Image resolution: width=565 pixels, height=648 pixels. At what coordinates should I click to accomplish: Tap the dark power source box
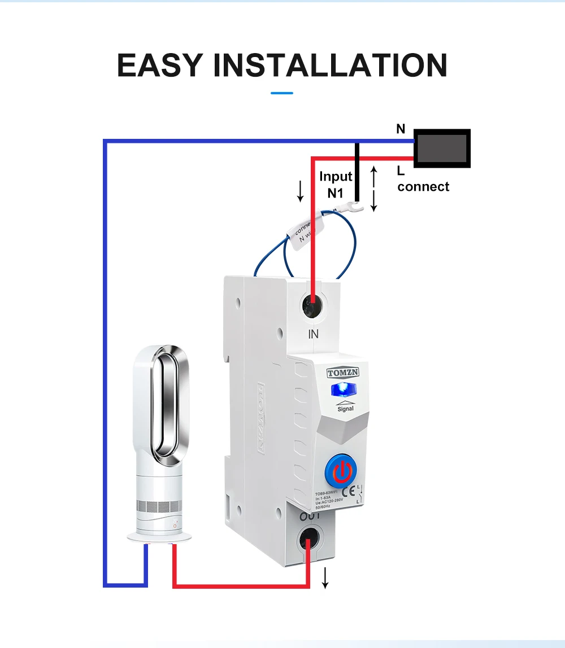[442, 148]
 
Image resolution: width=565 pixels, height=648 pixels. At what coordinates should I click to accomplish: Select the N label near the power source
[401, 129]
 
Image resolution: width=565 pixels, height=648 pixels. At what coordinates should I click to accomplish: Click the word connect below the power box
[423, 187]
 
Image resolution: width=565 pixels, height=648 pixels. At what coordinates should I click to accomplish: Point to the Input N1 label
[336, 185]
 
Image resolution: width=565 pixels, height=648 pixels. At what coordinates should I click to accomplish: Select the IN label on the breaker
[314, 334]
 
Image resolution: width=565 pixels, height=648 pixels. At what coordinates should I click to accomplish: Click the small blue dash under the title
[282, 93]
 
